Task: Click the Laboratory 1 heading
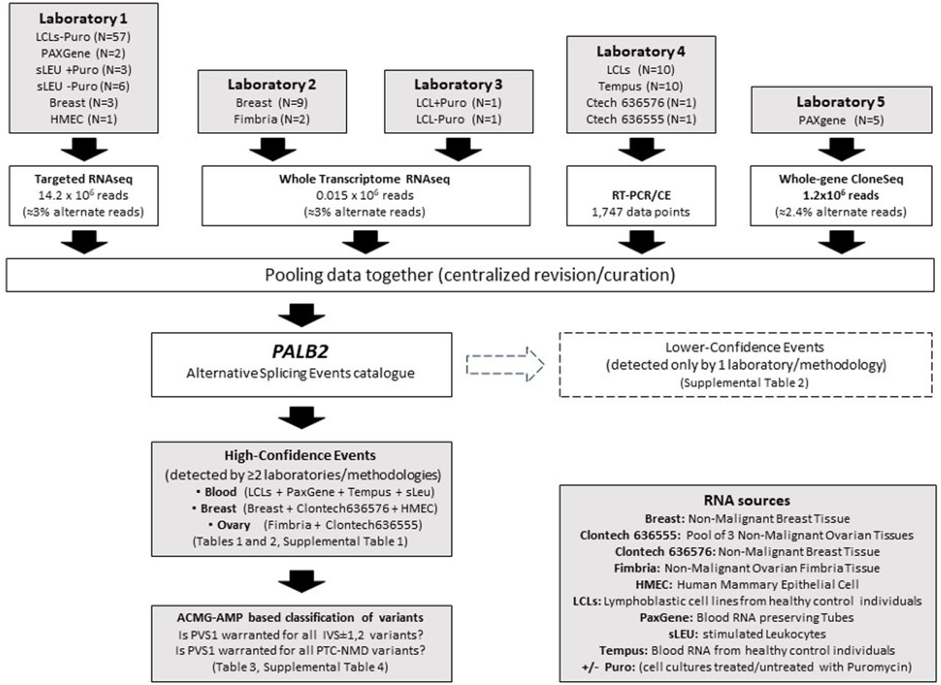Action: (83, 18)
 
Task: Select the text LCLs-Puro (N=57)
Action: (83, 37)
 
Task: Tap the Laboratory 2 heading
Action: (272, 85)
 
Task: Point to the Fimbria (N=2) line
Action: (272, 119)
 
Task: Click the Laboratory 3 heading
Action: (458, 85)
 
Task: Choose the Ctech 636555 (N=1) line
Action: (641, 119)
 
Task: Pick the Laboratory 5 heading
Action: (841, 101)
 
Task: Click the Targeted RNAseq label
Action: (84, 179)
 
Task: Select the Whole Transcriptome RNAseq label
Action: (365, 179)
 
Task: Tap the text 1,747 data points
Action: (641, 212)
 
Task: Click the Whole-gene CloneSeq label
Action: (841, 179)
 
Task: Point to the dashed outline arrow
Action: (505, 365)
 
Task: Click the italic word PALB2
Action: (301, 352)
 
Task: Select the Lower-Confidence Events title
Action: (745, 348)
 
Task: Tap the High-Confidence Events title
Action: (301, 455)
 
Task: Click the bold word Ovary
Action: (234, 525)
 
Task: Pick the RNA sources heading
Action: (748, 501)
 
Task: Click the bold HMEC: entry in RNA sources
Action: (654, 584)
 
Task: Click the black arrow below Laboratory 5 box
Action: (842, 149)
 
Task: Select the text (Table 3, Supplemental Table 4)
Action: (301, 667)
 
